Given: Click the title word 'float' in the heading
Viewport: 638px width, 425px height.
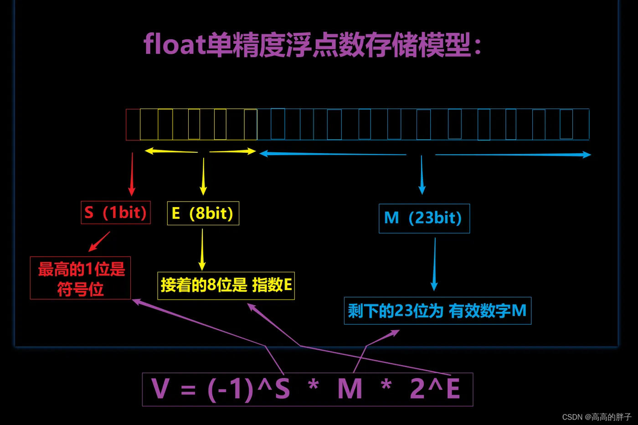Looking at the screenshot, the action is click(x=175, y=45).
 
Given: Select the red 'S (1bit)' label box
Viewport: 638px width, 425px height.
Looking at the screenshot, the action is click(x=116, y=212).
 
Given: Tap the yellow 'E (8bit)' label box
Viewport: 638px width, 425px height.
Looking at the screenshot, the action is click(x=203, y=213).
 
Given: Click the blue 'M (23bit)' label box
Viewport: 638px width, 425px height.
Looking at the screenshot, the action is click(x=424, y=218).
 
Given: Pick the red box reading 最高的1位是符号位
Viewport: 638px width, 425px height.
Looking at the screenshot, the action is click(x=81, y=278).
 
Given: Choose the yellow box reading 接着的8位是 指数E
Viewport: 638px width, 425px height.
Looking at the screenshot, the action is click(x=226, y=285).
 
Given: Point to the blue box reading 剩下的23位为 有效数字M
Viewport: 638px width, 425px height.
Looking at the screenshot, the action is click(x=437, y=311).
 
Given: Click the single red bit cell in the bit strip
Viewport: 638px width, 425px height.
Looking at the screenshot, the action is click(x=133, y=124).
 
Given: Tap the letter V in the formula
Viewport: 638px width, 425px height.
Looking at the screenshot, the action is click(x=160, y=389).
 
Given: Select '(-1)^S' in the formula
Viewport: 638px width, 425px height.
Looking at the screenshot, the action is click(x=248, y=389).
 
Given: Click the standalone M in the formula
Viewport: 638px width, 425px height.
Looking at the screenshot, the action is click(x=350, y=389).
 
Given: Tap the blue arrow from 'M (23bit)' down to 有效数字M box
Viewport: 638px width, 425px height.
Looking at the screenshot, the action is click(x=434, y=264).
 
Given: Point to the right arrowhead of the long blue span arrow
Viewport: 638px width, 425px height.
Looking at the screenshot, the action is click(x=587, y=155).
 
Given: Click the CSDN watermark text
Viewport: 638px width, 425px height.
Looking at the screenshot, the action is click(x=597, y=417).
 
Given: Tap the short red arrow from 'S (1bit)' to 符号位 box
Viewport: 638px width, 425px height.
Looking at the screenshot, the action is click(x=99, y=241).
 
